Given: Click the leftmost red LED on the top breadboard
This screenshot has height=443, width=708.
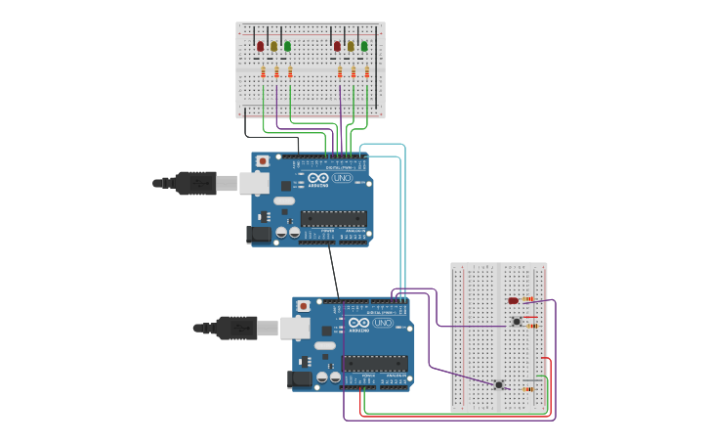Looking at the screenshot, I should [x=261, y=46].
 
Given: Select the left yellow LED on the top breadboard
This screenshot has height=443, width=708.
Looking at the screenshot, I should [x=274, y=46].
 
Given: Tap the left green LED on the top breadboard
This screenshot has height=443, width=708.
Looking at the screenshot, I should [x=287, y=46].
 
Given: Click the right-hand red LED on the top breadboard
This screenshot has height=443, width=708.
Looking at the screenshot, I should [x=338, y=46].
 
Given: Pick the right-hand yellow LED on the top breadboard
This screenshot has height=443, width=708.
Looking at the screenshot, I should [x=351, y=46].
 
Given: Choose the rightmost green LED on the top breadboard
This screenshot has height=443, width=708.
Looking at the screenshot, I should [x=364, y=46].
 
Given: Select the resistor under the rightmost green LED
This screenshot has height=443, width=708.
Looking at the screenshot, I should [x=367, y=72].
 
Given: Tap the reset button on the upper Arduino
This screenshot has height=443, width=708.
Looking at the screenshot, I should [x=262, y=160].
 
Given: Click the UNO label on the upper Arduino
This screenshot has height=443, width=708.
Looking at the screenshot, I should [x=343, y=178].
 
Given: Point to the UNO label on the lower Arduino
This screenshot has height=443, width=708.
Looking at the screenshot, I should [x=384, y=323].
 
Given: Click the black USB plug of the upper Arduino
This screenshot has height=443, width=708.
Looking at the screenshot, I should [x=196, y=183].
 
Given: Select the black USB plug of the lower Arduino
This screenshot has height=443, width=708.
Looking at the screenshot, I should [x=237, y=328].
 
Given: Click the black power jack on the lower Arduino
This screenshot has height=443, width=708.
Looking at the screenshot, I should [x=302, y=378].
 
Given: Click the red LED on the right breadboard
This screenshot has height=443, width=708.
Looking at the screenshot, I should [x=514, y=300].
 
